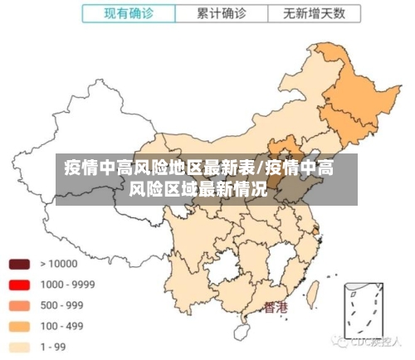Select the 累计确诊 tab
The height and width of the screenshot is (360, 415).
pyautogui.click(x=222, y=14)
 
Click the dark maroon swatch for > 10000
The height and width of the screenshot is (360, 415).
pyautogui.click(x=19, y=265)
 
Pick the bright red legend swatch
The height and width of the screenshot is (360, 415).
pyautogui.click(x=19, y=285)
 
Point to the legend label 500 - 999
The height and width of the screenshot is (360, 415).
pyautogui.click(x=62, y=304)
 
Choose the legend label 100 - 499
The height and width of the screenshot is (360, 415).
pyautogui.click(x=62, y=325)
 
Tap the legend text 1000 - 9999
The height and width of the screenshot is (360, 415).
pyautogui.click(x=67, y=285)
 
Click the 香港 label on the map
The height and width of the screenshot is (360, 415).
pyautogui.click(x=276, y=308)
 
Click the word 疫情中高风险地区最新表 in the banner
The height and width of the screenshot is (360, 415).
pyautogui.click(x=161, y=169)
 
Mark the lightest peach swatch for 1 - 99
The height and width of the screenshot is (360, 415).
pyautogui.click(x=19, y=346)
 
